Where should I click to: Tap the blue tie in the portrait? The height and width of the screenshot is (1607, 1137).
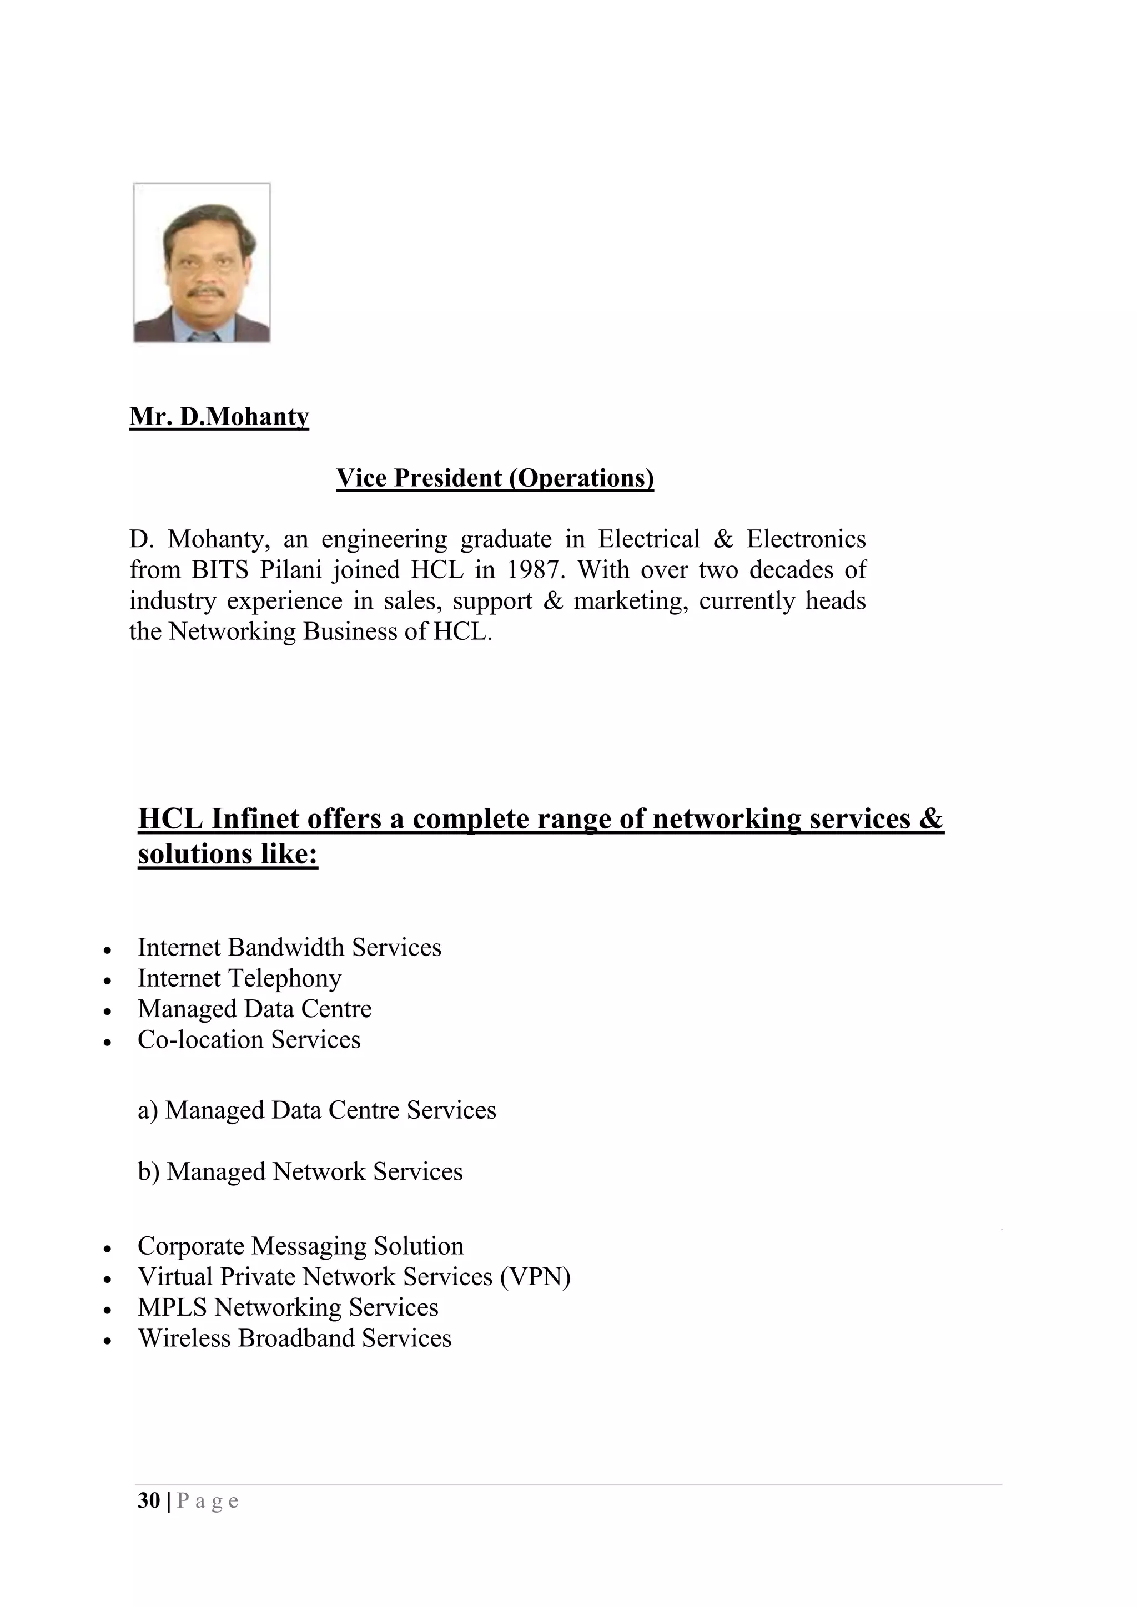click(x=203, y=336)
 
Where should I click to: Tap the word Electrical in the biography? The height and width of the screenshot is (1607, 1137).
click(x=648, y=539)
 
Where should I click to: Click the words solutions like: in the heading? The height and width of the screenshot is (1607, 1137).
click(x=228, y=854)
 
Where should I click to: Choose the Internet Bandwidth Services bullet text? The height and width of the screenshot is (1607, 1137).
click(x=289, y=947)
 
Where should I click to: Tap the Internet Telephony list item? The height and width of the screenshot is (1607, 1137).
click(x=239, y=978)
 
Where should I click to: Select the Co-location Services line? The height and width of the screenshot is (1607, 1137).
click(x=249, y=1039)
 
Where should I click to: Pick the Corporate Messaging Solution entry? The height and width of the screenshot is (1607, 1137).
click(x=300, y=1246)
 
